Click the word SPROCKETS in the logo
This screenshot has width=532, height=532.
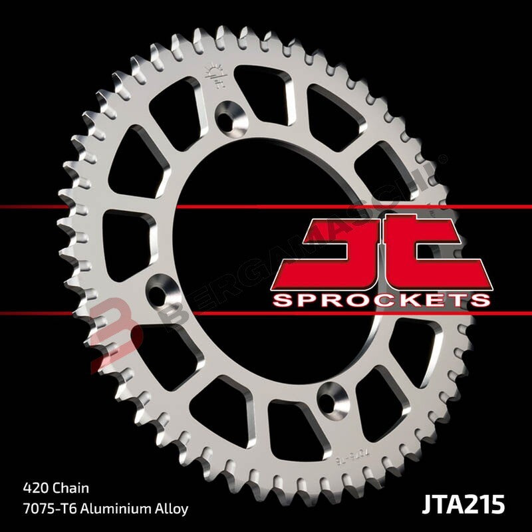381,300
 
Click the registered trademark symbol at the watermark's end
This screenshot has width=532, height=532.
443,158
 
